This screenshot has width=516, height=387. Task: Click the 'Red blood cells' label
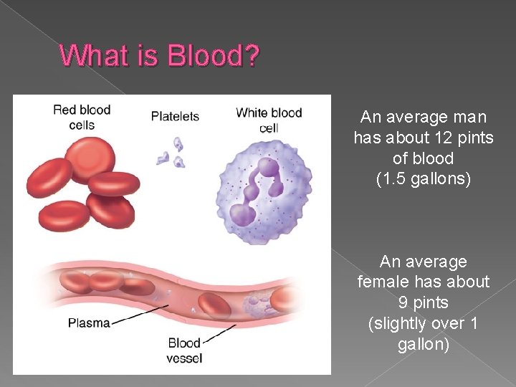click(x=81, y=116)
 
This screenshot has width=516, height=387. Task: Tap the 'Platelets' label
click(x=175, y=116)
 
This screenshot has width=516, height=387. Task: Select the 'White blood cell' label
click(x=269, y=120)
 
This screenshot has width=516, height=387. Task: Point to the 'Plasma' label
click(x=89, y=322)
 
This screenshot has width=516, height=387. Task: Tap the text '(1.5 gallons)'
click(x=424, y=179)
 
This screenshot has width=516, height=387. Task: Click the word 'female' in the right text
click(x=383, y=282)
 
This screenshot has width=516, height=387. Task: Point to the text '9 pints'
click(x=424, y=303)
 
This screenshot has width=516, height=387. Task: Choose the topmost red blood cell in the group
click(x=89, y=156)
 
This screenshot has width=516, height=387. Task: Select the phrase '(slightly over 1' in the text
click(x=423, y=324)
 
